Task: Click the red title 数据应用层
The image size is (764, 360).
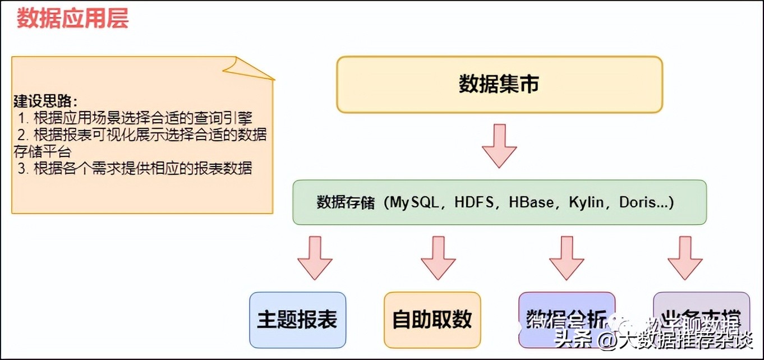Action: tap(72, 19)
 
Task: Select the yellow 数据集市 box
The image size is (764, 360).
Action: tap(499, 84)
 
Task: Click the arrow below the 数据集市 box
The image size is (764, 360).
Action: tap(499, 145)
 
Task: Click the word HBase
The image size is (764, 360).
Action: tap(531, 202)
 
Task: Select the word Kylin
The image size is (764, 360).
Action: tap(587, 202)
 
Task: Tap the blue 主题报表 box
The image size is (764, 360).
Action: tap(297, 320)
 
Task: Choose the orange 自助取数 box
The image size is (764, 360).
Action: tap(432, 320)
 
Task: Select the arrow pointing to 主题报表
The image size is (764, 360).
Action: tap(315, 257)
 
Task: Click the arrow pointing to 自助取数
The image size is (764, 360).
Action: tap(438, 257)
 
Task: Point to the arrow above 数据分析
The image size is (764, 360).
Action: tap(567, 257)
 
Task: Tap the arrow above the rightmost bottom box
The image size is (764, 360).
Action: tap(685, 257)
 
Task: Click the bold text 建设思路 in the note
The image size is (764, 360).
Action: tap(45, 101)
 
